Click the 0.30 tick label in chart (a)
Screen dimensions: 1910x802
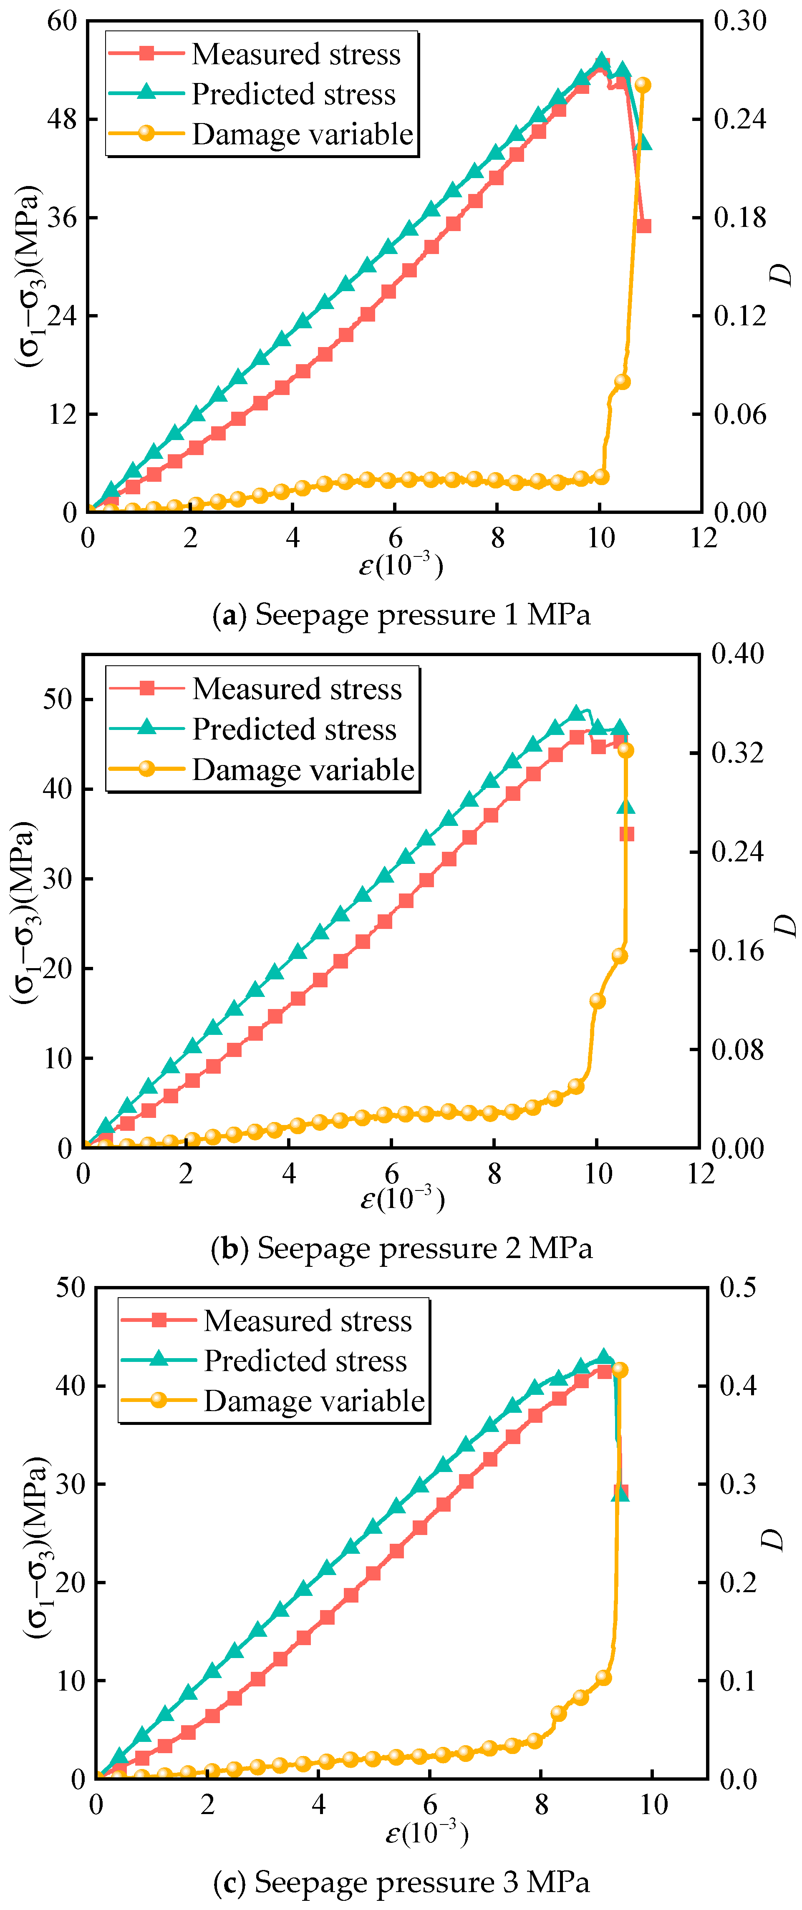coord(740,21)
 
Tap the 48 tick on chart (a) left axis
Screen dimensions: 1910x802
coord(62,118)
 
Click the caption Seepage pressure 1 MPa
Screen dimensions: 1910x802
coord(401,615)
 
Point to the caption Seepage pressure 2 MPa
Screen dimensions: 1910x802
coord(401,1248)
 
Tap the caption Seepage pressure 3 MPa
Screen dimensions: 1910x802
coord(401,1882)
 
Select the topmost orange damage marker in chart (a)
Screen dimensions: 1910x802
coord(643,85)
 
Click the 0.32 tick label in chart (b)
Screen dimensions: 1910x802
coord(737,752)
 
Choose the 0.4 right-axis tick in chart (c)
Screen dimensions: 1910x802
coord(738,1385)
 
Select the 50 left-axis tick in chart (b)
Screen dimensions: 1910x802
coord(58,699)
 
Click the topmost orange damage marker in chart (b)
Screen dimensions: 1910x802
coord(625,750)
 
